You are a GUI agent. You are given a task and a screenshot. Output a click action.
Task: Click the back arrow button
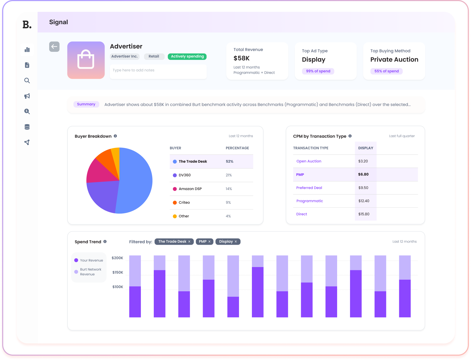click(54, 47)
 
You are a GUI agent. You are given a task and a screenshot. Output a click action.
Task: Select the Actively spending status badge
click(187, 56)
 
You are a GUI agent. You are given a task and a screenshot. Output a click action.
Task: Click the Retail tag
click(154, 56)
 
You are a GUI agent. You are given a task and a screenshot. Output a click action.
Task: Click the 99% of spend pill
click(318, 71)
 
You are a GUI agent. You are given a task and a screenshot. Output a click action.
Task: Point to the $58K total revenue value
click(241, 58)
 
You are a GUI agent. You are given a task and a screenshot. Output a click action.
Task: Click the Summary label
click(86, 104)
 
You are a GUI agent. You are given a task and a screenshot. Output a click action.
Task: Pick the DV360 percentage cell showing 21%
click(229, 175)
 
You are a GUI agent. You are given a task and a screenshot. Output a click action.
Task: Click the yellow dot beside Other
click(175, 216)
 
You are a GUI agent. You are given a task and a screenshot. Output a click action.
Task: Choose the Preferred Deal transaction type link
click(309, 188)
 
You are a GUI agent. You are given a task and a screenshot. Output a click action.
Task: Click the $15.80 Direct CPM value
click(364, 214)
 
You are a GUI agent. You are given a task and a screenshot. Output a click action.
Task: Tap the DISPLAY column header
click(366, 148)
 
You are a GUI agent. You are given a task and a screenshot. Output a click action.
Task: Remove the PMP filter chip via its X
click(209, 242)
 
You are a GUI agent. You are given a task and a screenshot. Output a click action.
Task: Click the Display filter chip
click(228, 242)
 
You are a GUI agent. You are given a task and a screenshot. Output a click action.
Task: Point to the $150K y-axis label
click(118, 272)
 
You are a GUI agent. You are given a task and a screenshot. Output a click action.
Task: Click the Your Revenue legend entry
click(89, 260)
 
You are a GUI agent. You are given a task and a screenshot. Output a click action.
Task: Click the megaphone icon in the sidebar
click(27, 96)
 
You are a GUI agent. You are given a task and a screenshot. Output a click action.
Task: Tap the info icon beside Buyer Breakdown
click(115, 136)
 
